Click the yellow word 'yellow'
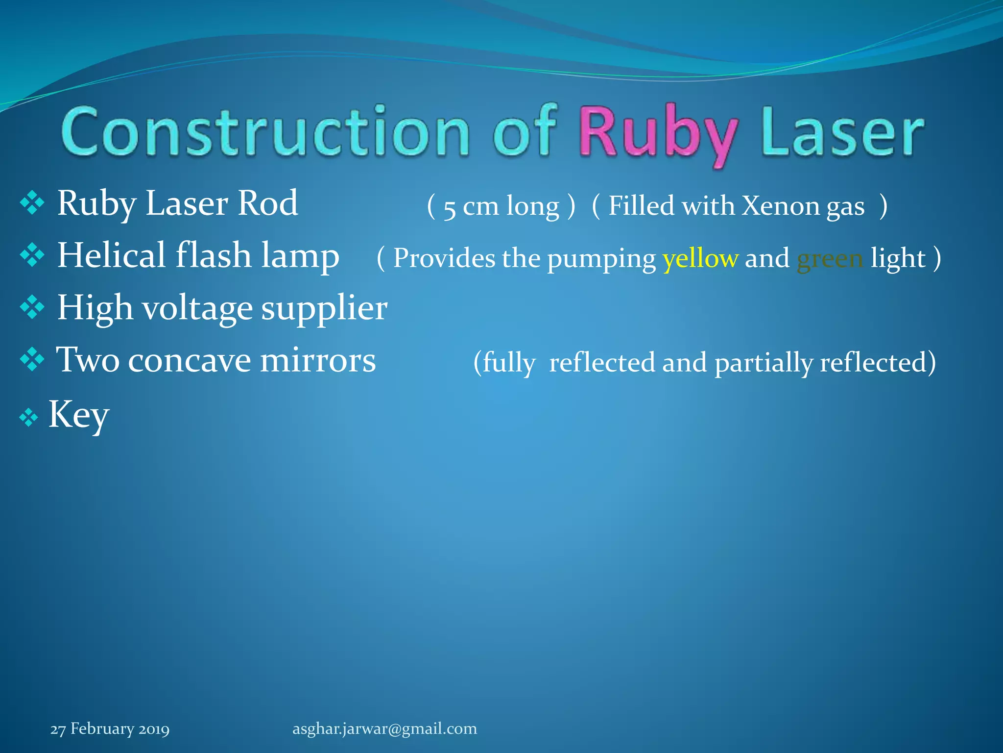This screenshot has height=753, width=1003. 700,258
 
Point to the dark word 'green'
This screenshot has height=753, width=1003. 830,258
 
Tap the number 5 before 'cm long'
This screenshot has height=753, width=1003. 449,208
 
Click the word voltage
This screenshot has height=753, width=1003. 197,309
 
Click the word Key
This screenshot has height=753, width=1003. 78,414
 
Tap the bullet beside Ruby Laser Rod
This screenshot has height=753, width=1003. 32,203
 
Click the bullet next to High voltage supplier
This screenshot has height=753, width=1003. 32,307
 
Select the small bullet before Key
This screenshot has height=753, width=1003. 28,418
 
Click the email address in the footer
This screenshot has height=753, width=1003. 384,728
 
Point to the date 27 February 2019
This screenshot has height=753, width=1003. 110,729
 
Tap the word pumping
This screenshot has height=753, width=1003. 601,259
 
